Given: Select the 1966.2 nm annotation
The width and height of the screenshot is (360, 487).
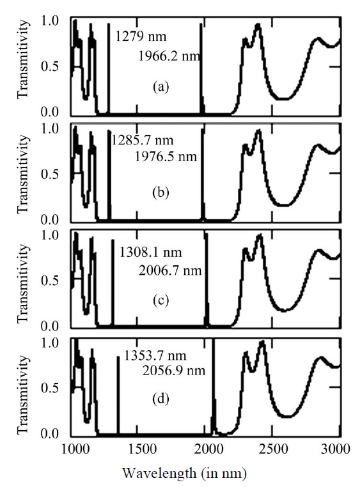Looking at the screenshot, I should coord(170,56).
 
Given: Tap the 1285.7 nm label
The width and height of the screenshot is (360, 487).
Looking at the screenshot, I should coord(142,139).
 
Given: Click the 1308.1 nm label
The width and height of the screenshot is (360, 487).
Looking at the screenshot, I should coord(151,254).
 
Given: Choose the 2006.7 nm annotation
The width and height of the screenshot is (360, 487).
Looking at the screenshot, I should coord(170,271).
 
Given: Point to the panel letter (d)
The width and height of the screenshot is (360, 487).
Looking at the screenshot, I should coord(160,401).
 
